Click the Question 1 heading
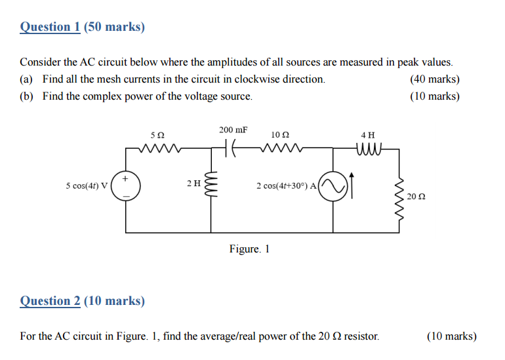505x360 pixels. click(x=83, y=27)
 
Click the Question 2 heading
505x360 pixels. click(x=83, y=301)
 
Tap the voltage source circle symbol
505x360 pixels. click(x=126, y=186)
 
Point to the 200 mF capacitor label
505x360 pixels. click(x=233, y=130)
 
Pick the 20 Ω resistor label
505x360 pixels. click(x=416, y=196)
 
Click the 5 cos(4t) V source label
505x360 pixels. click(x=87, y=186)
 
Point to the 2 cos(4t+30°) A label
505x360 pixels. click(x=287, y=186)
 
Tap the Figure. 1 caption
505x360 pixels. click(x=249, y=249)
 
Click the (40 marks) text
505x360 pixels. click(x=434, y=79)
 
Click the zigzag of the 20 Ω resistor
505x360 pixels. click(x=398, y=191)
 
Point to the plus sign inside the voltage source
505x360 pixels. click(x=126, y=178)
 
